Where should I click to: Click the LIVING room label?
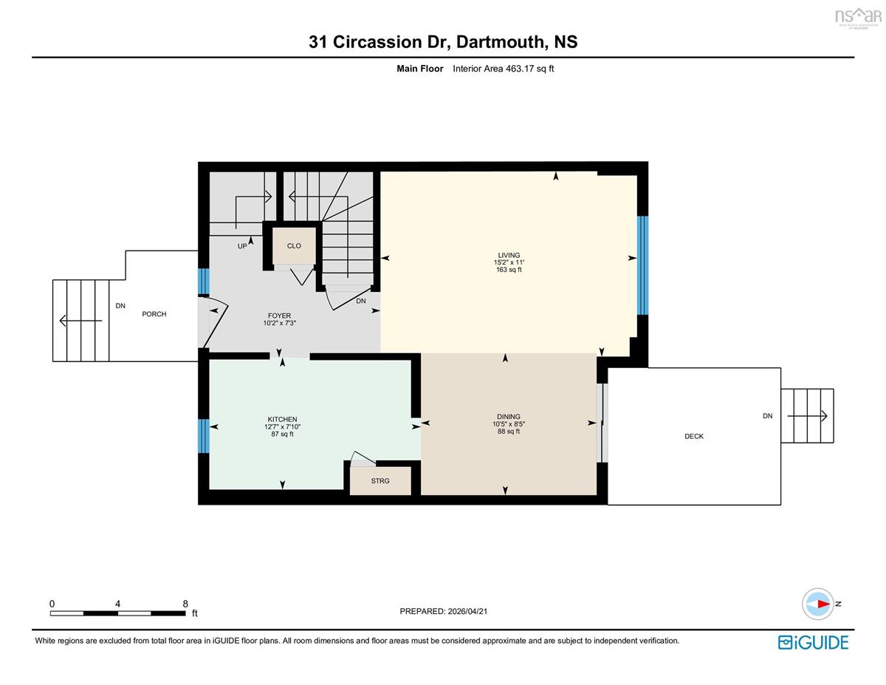coord(509,255)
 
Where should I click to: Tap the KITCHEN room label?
coord(282,419)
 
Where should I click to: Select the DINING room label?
coord(509,417)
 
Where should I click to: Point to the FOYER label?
coord(279,316)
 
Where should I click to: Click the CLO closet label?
coord(294,245)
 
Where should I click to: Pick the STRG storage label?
coord(380,481)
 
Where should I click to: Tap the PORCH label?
coord(154,314)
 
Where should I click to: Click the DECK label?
coord(694,436)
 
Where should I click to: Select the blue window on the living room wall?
coord(642,265)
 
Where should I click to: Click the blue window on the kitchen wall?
coord(204,436)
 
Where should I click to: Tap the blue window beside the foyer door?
coord(204,281)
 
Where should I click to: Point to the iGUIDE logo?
coord(814,643)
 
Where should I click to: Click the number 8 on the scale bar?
coord(185,604)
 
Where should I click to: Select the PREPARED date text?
coord(443,611)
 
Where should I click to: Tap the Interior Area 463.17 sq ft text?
coord(503,69)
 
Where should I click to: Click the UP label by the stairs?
coord(242,246)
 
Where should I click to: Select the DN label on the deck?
coord(768,416)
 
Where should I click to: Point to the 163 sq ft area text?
coord(509,270)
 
